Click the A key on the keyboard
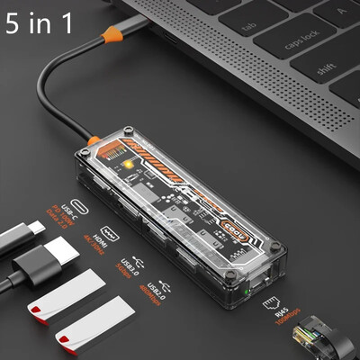tap(346, 13)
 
